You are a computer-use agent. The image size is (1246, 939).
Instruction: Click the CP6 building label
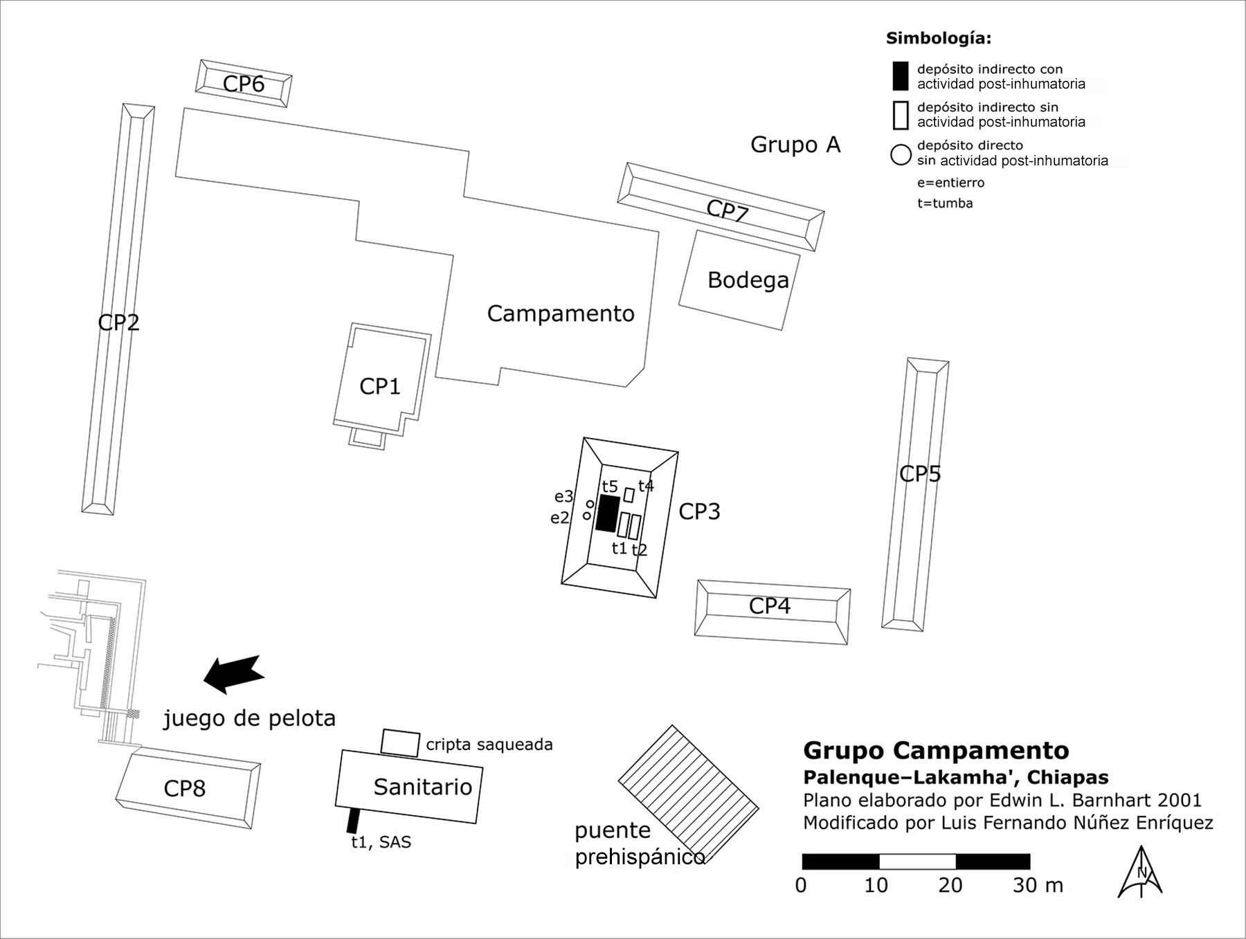point(243,84)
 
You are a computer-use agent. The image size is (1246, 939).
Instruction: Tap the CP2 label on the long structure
point(118,322)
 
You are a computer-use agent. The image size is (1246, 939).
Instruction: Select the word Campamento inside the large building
point(561,313)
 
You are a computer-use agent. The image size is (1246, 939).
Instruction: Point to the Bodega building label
point(748,280)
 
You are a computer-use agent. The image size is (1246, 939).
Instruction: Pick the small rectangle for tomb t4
point(629,495)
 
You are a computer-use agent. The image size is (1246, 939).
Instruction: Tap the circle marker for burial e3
point(590,504)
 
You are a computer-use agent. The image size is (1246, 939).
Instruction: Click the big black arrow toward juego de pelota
point(233,673)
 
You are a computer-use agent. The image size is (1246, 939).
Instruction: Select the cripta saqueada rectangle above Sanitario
point(400,743)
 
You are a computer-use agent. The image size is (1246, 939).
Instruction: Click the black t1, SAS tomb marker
point(353,821)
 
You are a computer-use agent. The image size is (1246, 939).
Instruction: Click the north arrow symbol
point(1140,873)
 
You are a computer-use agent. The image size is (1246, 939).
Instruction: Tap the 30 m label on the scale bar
point(1037,886)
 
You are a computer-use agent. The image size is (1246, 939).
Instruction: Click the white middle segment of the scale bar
point(917,861)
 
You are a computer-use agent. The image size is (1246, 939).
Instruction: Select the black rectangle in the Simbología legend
point(900,76)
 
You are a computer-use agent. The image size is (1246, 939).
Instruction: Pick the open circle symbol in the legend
point(901,154)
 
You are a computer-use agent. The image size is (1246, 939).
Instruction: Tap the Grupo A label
point(795,145)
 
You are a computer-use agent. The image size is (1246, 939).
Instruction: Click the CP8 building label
point(184,789)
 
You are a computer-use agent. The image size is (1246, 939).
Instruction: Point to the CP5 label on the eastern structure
point(920,474)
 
